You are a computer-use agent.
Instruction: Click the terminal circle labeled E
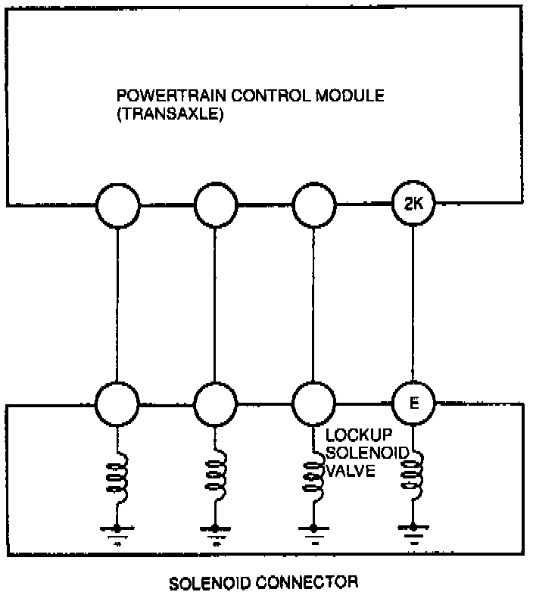[x=413, y=403]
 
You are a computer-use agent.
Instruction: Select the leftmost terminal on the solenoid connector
[x=118, y=403]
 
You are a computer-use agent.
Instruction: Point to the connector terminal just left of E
[x=313, y=403]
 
